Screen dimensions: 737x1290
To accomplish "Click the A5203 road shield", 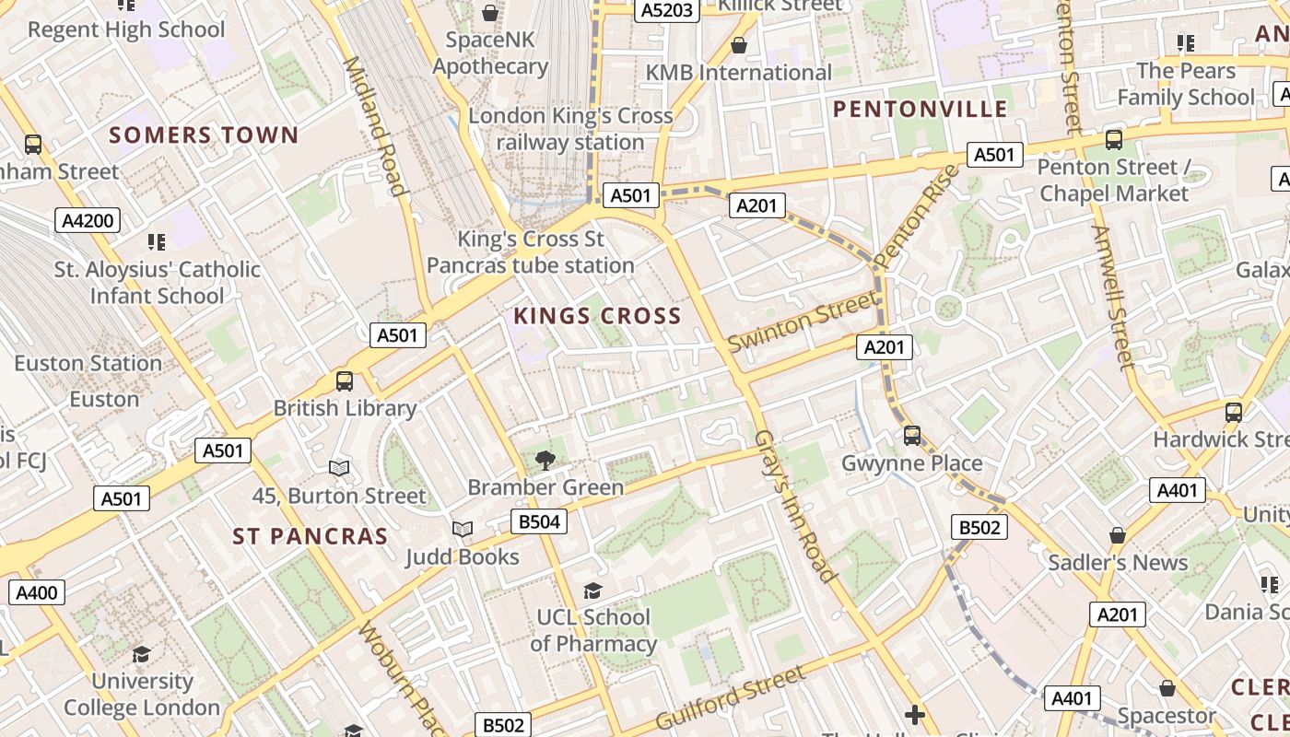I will click(666, 10).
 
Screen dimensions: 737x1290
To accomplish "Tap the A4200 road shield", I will click(88, 220).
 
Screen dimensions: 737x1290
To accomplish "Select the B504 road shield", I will click(539, 522).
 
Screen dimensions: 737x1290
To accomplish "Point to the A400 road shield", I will click(37, 592).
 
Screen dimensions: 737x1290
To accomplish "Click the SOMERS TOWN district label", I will click(204, 135).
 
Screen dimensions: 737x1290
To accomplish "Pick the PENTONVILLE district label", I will click(920, 110).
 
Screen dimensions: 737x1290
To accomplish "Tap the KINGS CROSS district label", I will click(597, 316).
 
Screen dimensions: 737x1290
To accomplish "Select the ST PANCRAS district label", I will click(310, 536).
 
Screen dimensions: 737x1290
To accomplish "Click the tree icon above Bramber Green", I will click(545, 460).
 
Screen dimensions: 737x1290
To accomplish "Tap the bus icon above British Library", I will click(345, 380).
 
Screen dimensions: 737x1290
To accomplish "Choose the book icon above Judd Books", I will click(462, 530).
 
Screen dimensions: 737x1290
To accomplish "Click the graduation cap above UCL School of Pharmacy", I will click(592, 591).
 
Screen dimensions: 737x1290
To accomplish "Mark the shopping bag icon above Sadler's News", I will click(1117, 535).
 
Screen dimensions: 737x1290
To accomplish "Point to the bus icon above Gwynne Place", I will click(911, 436).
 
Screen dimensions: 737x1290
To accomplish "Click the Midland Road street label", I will click(375, 126).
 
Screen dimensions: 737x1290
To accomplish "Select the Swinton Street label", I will click(802, 322).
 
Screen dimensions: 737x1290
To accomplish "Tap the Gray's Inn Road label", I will click(794, 506).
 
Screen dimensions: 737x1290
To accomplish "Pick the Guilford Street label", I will click(731, 697).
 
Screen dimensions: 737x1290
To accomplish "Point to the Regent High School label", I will click(126, 29).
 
